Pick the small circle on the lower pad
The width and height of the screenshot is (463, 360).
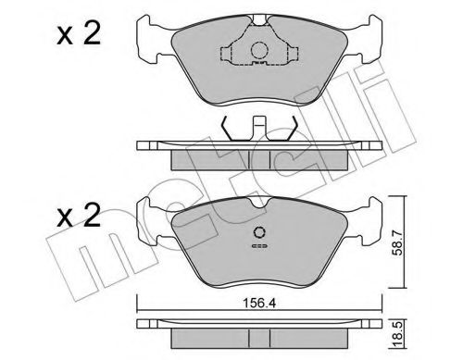(x=259, y=232)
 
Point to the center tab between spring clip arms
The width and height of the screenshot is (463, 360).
(x=259, y=125)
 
